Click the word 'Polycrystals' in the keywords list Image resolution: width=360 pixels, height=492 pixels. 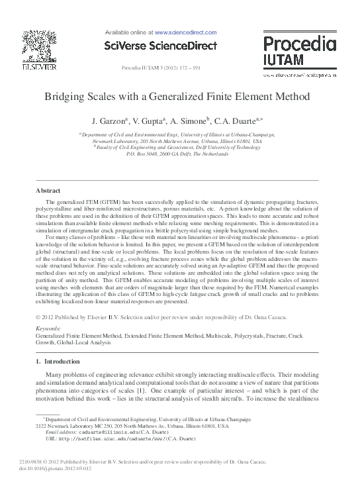click(x=257, y=336)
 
